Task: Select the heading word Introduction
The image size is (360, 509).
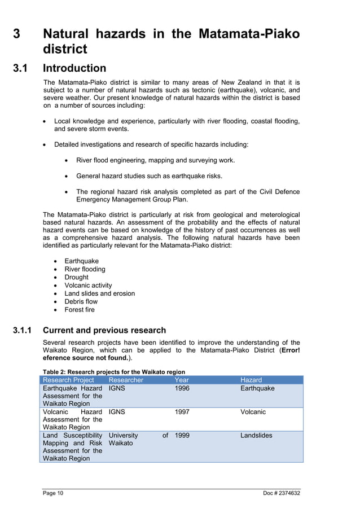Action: [x=74, y=68]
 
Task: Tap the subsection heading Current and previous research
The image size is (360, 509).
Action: [x=104, y=330]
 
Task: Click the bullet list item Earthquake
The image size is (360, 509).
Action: [x=81, y=261]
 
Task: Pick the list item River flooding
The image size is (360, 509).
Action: [x=85, y=269]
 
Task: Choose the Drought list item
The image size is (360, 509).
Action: [x=76, y=277]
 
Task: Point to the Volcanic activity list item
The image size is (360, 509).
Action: [x=88, y=286]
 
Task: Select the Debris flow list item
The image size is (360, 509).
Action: [x=81, y=301]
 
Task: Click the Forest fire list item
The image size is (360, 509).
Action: [x=80, y=310]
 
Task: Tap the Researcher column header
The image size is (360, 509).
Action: [x=126, y=380]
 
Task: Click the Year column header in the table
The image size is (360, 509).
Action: [x=182, y=380]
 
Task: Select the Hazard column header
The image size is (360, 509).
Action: [x=251, y=380]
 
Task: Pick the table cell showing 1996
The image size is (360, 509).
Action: [x=182, y=388]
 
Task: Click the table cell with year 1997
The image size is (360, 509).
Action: [x=182, y=412]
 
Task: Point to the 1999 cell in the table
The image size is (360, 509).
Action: [x=182, y=436]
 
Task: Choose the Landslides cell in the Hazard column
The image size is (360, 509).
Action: [x=256, y=436]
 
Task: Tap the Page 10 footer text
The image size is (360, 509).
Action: [x=53, y=494]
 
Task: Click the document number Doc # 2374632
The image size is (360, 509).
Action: [x=282, y=494]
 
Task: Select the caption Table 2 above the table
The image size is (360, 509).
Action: [x=114, y=371]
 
